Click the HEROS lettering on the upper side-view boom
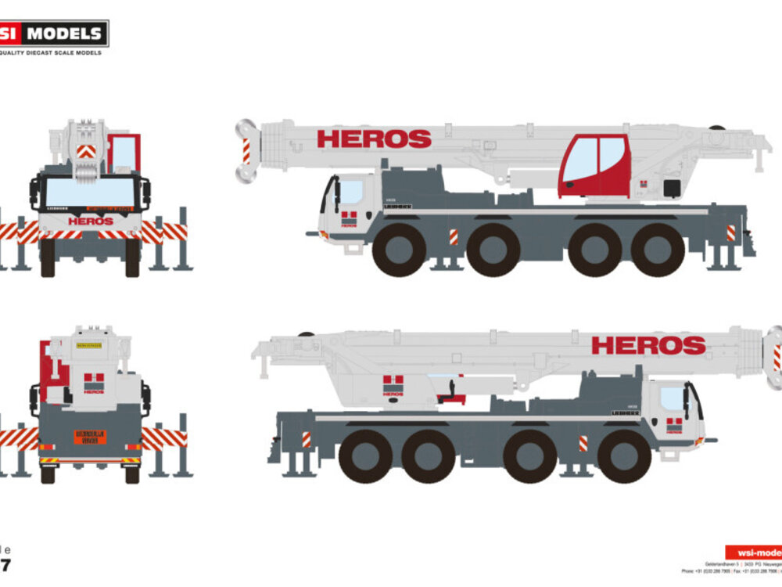(x=374, y=139)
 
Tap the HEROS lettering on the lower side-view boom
(x=648, y=345)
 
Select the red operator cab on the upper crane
(x=595, y=166)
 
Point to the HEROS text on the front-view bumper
(x=91, y=221)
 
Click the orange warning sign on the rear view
(x=90, y=437)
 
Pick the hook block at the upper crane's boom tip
(x=248, y=151)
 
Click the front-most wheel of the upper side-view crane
(x=399, y=250)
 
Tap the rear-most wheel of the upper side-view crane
(x=658, y=250)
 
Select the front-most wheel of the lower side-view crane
(x=624, y=456)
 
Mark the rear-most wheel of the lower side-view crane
(x=365, y=456)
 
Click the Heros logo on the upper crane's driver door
(x=349, y=219)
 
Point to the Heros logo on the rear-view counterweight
(x=94, y=384)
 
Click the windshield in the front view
(x=90, y=193)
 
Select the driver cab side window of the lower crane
(x=671, y=398)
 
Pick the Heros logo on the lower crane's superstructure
(x=393, y=385)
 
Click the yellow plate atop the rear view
(x=89, y=344)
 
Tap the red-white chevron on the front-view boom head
(x=86, y=151)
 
